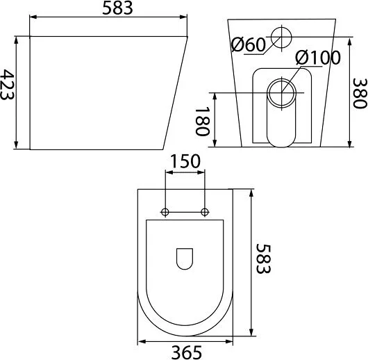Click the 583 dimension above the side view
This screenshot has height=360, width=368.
click(117, 8)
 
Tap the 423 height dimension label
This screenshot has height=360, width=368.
click(7, 84)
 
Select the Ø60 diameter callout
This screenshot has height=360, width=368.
click(249, 44)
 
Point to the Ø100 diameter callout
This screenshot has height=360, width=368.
click(318, 58)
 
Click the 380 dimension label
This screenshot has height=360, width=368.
click(360, 93)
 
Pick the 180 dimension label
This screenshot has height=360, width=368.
click(202, 121)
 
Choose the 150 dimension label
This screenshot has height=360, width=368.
click(185, 161)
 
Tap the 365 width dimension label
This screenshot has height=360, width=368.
click(187, 352)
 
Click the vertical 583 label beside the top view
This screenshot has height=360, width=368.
click(264, 259)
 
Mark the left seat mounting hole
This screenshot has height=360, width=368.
click(165, 212)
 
